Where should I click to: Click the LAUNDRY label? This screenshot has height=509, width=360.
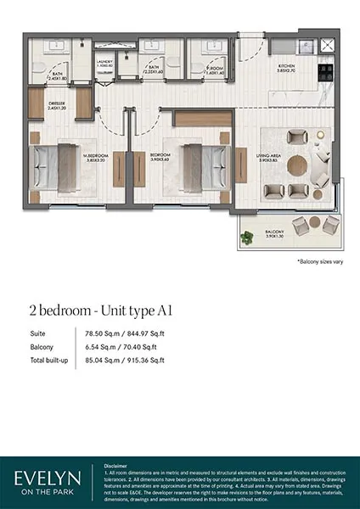[x=104, y=62]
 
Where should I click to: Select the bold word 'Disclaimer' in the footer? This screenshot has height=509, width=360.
[x=115, y=467]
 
